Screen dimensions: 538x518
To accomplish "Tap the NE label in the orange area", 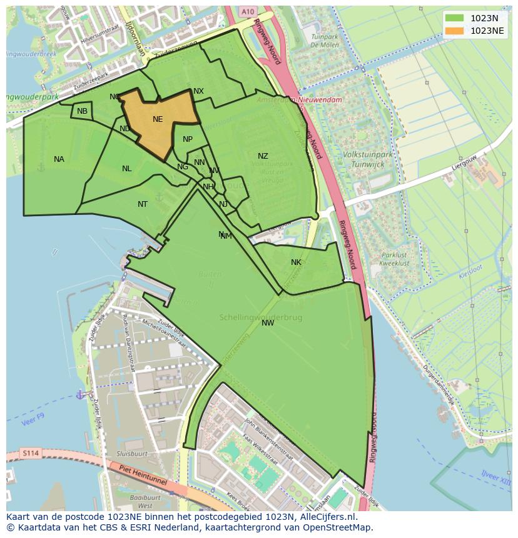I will pyautogui.click(x=158, y=119).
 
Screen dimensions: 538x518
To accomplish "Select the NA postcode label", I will pyautogui.click(x=59, y=159).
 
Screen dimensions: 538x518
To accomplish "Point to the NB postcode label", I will pyautogui.click(x=82, y=111).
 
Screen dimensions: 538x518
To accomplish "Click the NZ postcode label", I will pyautogui.click(x=263, y=156).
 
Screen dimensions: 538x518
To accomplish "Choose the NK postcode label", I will pyautogui.click(x=296, y=262).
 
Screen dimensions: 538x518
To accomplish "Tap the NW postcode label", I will pyautogui.click(x=268, y=323).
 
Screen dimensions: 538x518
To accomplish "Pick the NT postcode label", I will pyautogui.click(x=143, y=204).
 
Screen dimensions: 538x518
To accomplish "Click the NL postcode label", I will pyautogui.click(x=127, y=169).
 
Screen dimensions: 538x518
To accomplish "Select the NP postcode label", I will pyautogui.click(x=188, y=139).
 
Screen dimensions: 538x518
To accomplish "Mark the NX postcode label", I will pyautogui.click(x=198, y=91).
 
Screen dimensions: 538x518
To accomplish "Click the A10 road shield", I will pyautogui.click(x=248, y=11).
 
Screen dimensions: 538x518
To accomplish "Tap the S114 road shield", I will pyautogui.click(x=29, y=452).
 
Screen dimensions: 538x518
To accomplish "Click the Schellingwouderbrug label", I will pyautogui.click(x=260, y=317).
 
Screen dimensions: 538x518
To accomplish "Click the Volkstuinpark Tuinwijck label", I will pyautogui.click(x=363, y=159).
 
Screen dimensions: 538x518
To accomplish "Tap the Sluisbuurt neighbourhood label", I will pyautogui.click(x=131, y=454).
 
